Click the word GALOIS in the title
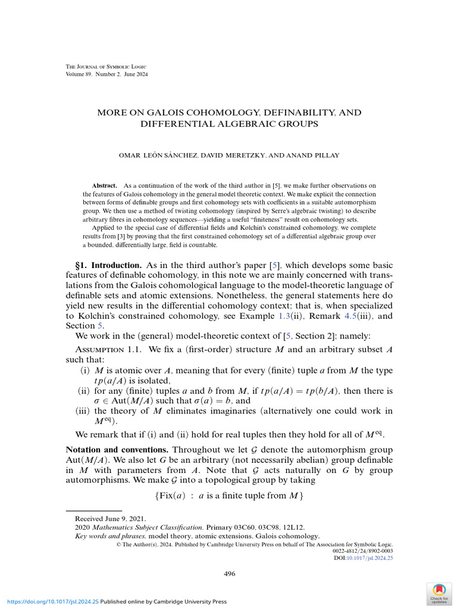point(167,113)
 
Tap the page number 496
point(229,574)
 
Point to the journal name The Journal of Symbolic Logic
point(105,66)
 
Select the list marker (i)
point(85,371)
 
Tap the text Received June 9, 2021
point(110,519)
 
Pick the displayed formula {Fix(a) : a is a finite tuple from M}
point(228,496)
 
